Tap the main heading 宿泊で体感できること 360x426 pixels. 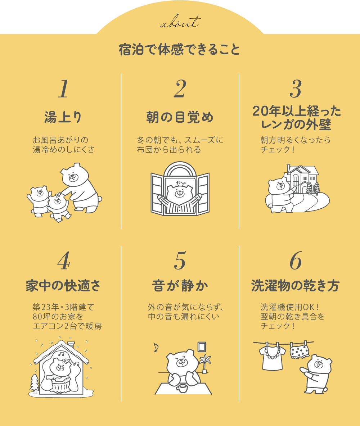click(x=179, y=49)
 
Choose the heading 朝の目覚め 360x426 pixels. click(x=180, y=117)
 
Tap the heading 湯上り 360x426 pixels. click(x=63, y=117)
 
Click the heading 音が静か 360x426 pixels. click(x=180, y=286)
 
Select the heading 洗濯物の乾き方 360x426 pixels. click(x=295, y=286)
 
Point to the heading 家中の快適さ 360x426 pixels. click(x=63, y=286)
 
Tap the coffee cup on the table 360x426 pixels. click(x=182, y=388)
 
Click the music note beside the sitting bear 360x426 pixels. click(x=156, y=347)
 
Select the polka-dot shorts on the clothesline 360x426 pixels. click(x=300, y=351)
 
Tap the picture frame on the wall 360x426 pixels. click(x=202, y=347)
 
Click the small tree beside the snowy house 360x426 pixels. click(x=35, y=383)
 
